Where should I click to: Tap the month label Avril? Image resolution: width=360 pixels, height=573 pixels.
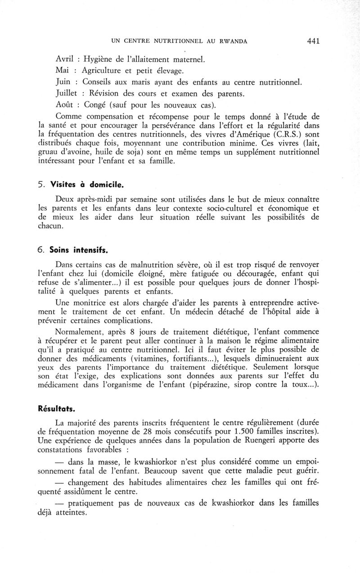(x=64, y=59)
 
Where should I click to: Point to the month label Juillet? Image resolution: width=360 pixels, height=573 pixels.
(x=68, y=94)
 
